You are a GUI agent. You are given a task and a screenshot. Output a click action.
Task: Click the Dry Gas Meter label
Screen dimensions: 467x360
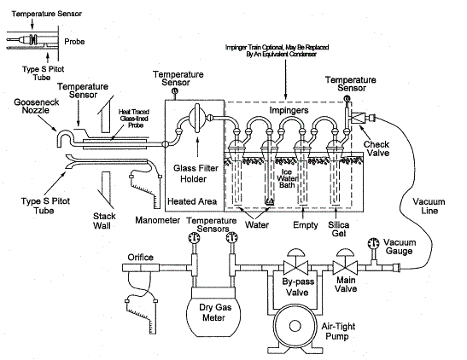[215, 312]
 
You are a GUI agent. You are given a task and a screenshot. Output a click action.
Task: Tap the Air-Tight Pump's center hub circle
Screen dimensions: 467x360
[295, 326]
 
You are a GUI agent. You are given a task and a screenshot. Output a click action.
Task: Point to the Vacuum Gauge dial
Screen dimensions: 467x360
[373, 243]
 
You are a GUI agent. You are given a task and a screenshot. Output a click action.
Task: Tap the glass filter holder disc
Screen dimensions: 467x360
[197, 118]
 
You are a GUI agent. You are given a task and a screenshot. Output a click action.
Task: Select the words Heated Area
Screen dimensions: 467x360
[192, 201]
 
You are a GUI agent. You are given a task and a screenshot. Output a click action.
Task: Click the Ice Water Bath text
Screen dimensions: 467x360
[287, 178]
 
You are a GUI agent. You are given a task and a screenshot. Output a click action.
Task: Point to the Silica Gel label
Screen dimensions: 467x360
[339, 229]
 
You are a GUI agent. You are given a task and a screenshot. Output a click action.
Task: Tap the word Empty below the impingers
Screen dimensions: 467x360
[306, 225]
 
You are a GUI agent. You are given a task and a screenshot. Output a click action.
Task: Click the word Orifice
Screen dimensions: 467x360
[141, 257]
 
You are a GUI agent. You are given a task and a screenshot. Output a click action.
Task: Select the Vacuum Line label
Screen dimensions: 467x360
[429, 206]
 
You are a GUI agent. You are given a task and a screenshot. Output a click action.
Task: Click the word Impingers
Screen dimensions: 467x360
[289, 111]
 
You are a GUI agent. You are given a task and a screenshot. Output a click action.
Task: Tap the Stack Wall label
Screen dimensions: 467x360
[103, 221]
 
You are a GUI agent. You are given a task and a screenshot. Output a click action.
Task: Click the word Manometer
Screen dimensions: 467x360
[158, 220]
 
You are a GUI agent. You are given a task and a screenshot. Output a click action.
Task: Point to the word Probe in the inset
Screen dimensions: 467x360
[74, 41]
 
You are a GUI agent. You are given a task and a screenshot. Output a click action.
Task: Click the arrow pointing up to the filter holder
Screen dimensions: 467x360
[197, 146]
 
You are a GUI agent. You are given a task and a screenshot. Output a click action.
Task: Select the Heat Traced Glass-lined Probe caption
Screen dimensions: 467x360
[134, 119]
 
